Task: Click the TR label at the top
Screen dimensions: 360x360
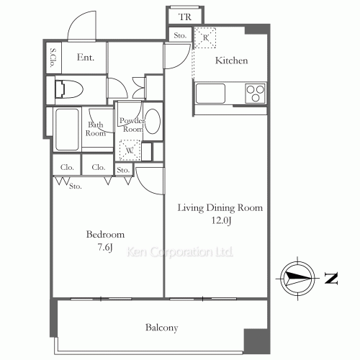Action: click(x=185, y=15)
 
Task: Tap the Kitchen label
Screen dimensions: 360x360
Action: click(x=231, y=61)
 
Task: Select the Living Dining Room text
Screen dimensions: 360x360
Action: click(x=220, y=207)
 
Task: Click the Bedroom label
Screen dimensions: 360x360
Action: click(x=106, y=235)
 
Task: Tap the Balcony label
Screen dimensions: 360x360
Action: click(x=162, y=328)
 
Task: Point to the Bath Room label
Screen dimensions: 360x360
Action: click(x=96, y=128)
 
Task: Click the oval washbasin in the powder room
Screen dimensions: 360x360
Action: click(x=153, y=122)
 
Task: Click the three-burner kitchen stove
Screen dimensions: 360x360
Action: click(x=255, y=93)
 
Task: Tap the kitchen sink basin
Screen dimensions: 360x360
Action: click(x=210, y=93)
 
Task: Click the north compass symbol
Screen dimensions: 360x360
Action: click(x=297, y=278)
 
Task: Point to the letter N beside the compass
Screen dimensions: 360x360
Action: click(x=330, y=279)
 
